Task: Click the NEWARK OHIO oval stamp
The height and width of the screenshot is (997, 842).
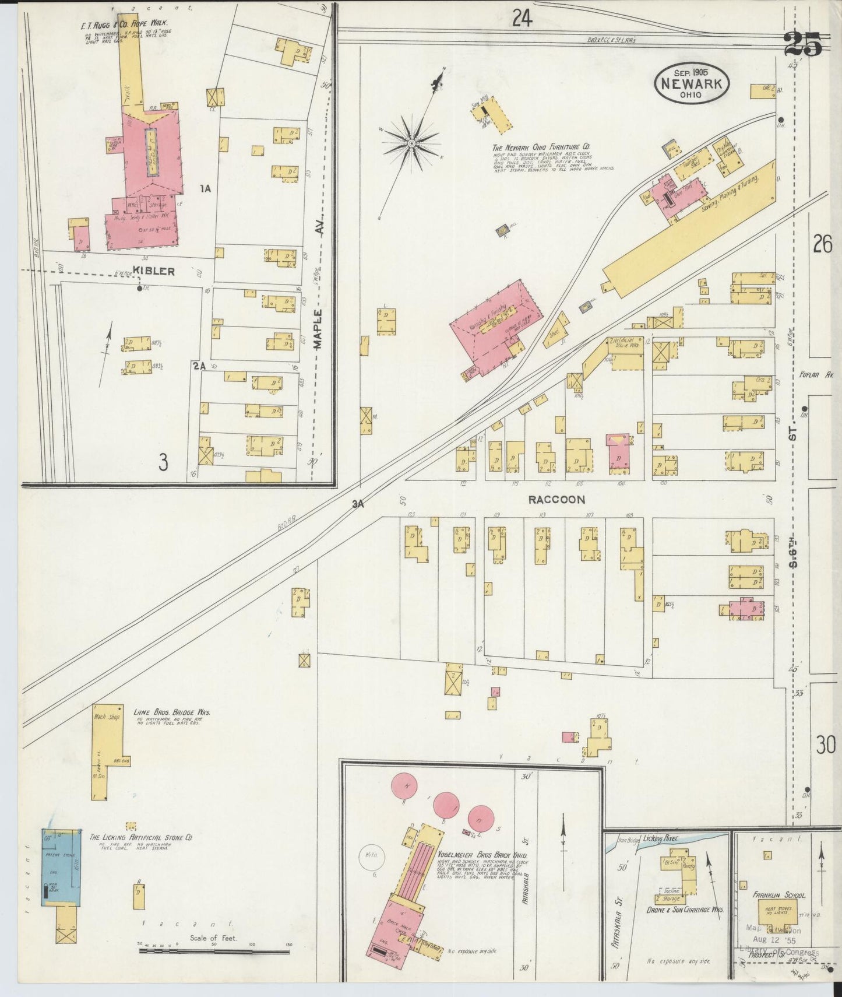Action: (x=691, y=83)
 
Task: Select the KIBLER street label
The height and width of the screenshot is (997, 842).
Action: (x=153, y=271)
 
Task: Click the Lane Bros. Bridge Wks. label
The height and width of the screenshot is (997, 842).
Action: (x=172, y=712)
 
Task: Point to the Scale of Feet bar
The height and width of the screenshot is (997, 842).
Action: (x=214, y=951)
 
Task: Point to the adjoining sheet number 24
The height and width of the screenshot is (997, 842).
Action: (x=522, y=19)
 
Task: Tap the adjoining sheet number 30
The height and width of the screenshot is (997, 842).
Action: (x=825, y=745)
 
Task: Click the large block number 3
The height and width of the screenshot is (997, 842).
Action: (x=163, y=463)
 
